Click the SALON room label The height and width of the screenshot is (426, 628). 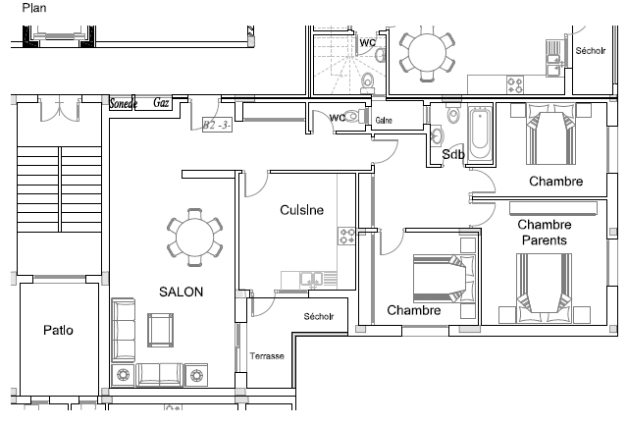coord(181,292)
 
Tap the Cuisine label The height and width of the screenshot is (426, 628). coord(301,210)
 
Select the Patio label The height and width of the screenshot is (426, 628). coord(59,330)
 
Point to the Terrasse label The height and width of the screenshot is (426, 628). coord(267,356)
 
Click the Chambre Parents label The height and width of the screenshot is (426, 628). coord(545,232)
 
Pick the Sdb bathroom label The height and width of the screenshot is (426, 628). coord(453,154)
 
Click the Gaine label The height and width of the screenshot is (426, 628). coord(384,120)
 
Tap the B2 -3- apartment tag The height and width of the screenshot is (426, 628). coord(217,125)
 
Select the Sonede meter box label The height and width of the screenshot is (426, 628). coord(123,103)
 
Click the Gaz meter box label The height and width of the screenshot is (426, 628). coord(161,103)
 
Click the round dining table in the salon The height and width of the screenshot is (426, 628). coord(194,238)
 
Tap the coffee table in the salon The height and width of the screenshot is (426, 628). coord(161,330)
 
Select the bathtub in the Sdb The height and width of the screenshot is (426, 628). coord(480,134)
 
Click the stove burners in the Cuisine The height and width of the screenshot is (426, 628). coord(346,236)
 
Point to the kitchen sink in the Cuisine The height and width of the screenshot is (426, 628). coord(311,280)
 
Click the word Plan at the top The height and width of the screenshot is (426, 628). coord(34,8)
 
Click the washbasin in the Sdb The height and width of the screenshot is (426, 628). coord(436,135)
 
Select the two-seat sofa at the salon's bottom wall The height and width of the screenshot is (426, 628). coord(160,375)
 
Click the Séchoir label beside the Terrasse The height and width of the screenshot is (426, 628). coord(319,317)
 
